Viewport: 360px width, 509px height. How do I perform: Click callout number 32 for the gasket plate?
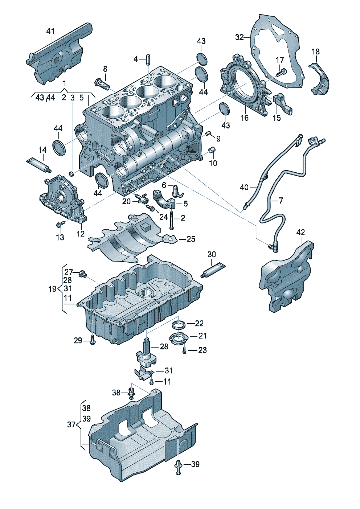tap(239, 37)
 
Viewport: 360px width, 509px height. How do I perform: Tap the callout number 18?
tap(315, 52)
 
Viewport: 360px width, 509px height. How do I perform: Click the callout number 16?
tap(245, 118)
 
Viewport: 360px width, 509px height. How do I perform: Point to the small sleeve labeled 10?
tap(212, 150)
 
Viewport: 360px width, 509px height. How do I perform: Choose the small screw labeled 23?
tap(185, 350)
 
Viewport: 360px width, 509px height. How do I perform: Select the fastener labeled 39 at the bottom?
tap(178, 467)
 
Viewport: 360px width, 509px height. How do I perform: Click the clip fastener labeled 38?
tap(131, 393)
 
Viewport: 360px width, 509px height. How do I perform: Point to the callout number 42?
tap(300, 232)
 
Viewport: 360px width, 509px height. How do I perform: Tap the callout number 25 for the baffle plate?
tap(191, 239)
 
